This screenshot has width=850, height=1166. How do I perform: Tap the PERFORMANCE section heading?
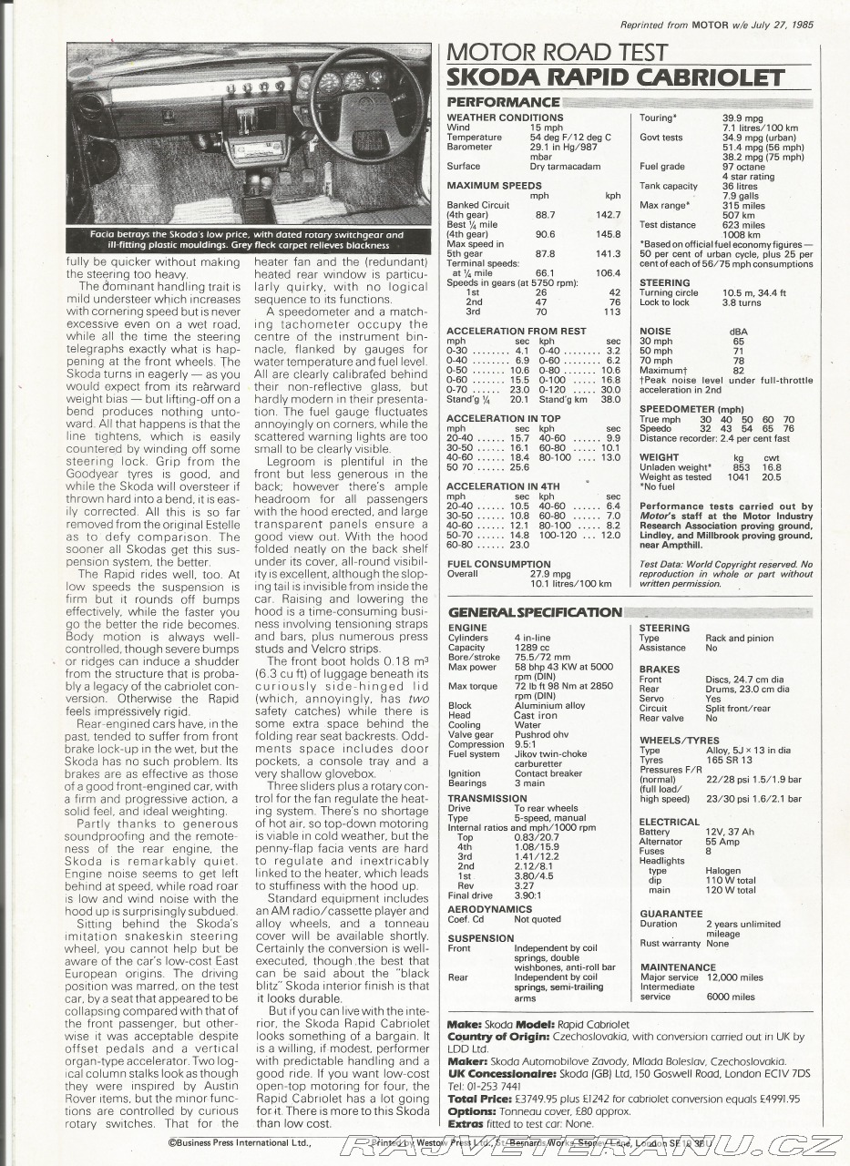tap(503, 102)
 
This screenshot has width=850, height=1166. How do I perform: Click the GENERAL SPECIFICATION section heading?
tap(536, 612)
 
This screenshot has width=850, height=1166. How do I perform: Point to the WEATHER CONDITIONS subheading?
tap(505, 118)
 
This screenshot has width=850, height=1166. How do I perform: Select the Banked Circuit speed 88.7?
tap(545, 215)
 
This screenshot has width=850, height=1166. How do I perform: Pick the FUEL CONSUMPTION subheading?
tap(498, 564)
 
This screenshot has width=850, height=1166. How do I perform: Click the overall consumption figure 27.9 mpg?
tap(550, 574)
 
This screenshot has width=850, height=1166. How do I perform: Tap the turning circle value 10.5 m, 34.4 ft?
tap(753, 292)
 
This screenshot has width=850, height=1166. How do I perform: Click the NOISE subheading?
tap(655, 332)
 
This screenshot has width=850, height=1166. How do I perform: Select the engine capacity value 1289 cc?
tap(535, 647)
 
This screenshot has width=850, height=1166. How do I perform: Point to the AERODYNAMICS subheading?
tap(489, 909)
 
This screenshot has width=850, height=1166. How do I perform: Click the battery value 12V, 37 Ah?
tap(730, 832)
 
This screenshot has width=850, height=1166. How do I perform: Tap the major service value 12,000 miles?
tap(734, 977)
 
